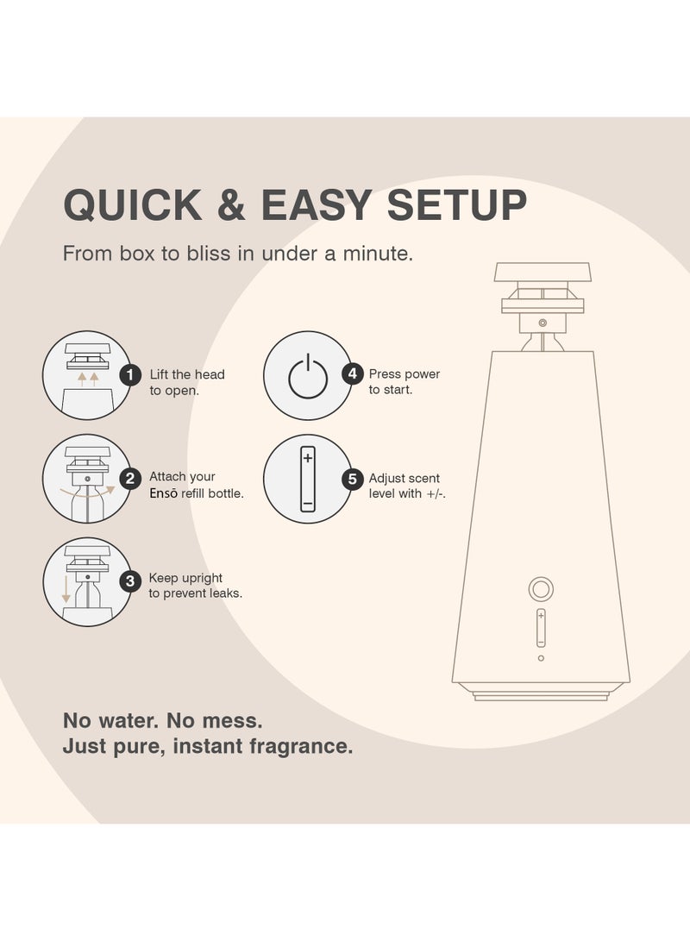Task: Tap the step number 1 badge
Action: (x=130, y=374)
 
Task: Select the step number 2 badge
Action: (x=130, y=477)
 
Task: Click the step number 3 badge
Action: (x=130, y=580)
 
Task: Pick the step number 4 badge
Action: (x=352, y=373)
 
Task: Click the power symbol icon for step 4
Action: (x=307, y=377)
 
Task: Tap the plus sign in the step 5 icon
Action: (x=308, y=458)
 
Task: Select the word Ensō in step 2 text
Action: (x=164, y=494)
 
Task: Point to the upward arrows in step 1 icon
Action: (x=87, y=377)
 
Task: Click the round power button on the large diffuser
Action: (x=541, y=590)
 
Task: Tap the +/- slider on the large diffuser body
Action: (x=541, y=628)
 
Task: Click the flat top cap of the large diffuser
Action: (x=543, y=273)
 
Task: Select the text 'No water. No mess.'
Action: (x=162, y=719)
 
